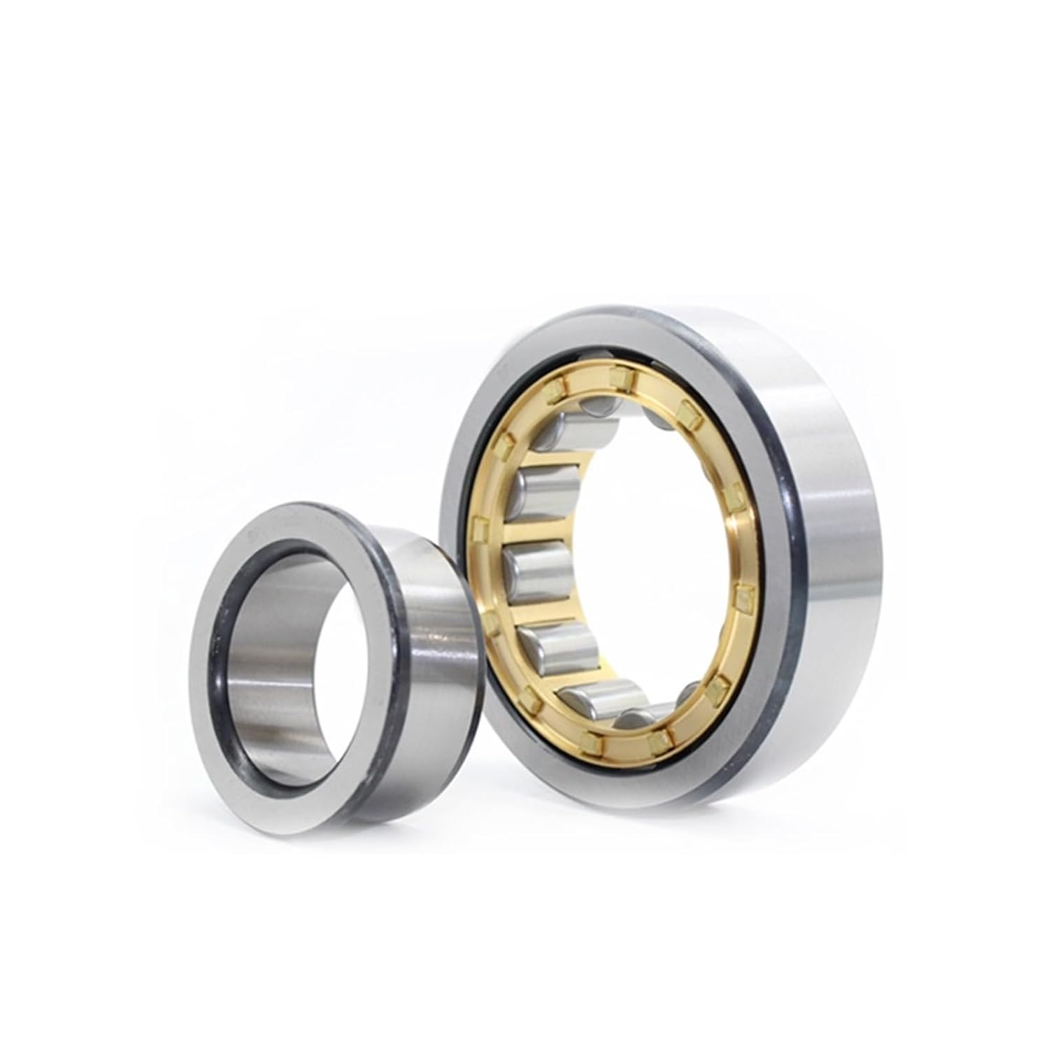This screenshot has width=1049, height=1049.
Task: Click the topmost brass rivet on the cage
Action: [618, 378]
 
